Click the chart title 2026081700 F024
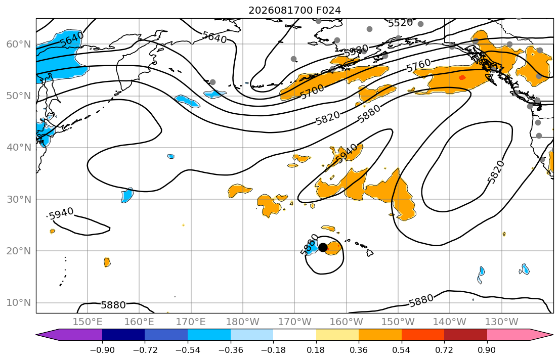(294, 10)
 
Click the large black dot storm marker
(323, 247)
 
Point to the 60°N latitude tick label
(19, 44)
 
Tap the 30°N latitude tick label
(19, 199)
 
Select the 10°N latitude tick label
(19, 303)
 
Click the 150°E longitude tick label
(88, 322)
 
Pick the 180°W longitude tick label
(243, 322)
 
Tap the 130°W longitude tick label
(502, 322)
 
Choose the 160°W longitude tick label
(347, 322)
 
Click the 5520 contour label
(400, 23)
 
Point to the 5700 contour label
(312, 92)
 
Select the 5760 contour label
(418, 65)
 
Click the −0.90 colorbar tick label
(102, 350)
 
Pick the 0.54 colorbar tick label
(402, 350)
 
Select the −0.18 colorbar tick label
(273, 350)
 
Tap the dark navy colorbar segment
(123, 335)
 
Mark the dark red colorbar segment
(465, 335)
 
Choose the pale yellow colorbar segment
(337, 335)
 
